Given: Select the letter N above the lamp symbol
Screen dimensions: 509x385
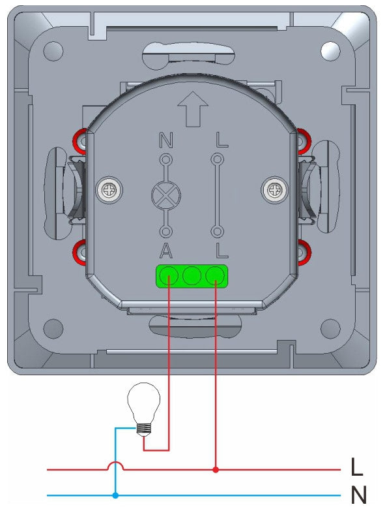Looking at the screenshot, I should tap(166, 140).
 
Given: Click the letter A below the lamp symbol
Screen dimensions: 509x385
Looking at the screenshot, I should tap(166, 249).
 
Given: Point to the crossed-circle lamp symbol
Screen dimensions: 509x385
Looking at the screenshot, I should tap(166, 195).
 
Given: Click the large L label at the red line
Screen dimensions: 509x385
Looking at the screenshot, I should tap(357, 468).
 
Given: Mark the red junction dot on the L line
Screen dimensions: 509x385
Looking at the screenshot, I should tap(215, 469).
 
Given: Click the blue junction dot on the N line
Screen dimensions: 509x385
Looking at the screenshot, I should tap(116, 495).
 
